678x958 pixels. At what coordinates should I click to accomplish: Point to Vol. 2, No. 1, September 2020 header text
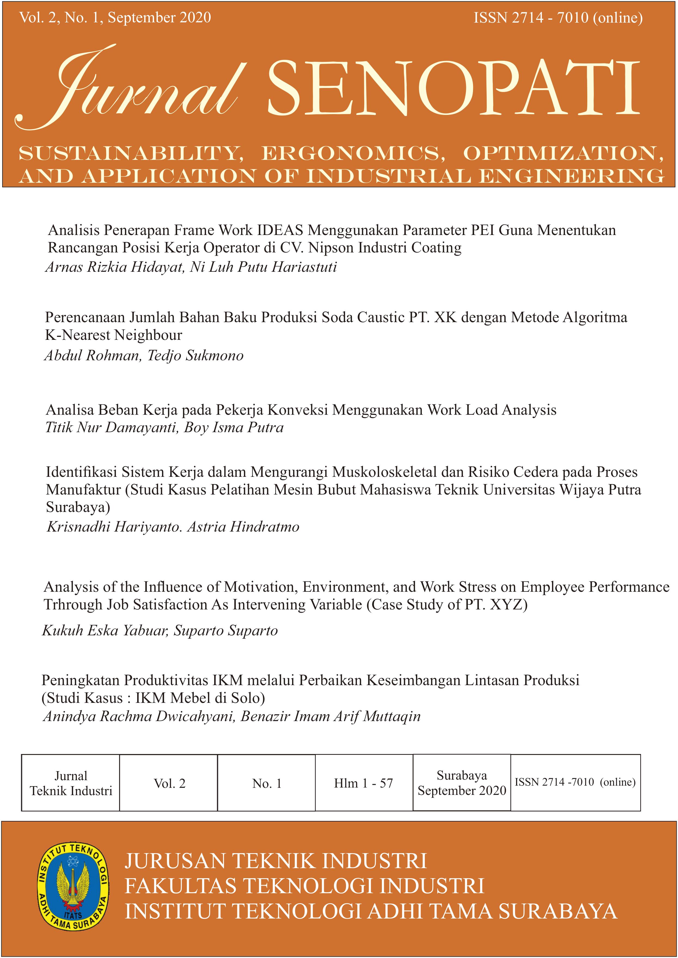tap(115, 17)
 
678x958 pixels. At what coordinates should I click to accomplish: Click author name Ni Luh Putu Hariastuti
tap(263, 267)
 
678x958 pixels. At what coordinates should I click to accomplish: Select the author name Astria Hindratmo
tap(243, 527)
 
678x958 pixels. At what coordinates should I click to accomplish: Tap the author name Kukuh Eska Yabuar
tap(105, 631)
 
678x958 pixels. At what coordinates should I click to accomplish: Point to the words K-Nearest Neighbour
tap(113, 335)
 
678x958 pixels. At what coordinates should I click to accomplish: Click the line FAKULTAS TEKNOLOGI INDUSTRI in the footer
tap(304, 886)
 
